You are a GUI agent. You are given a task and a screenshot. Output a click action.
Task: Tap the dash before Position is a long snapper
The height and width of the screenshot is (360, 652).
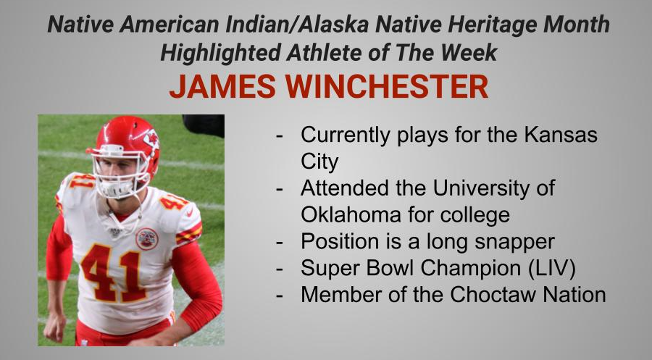[279, 241]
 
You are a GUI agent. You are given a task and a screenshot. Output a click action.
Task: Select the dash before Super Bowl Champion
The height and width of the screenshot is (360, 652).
[279, 268]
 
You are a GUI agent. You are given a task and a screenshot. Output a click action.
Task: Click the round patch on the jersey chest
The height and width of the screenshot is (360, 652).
[147, 238]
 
